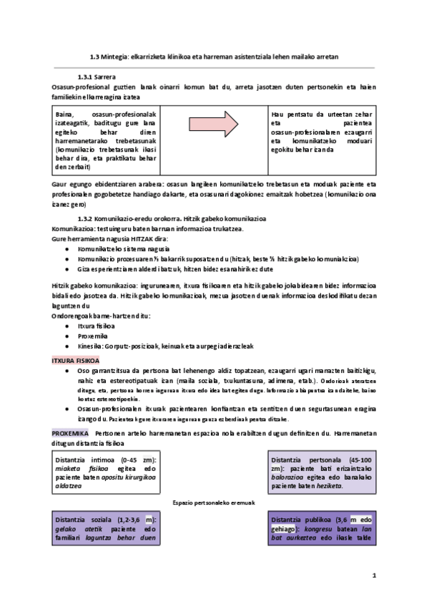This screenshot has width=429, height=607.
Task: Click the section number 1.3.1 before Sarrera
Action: tap(87, 77)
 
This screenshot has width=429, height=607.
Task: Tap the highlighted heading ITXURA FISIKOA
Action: tap(76, 360)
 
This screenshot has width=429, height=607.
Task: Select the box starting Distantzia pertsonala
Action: tap(321, 471)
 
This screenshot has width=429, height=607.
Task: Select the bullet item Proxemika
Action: tap(92, 335)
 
